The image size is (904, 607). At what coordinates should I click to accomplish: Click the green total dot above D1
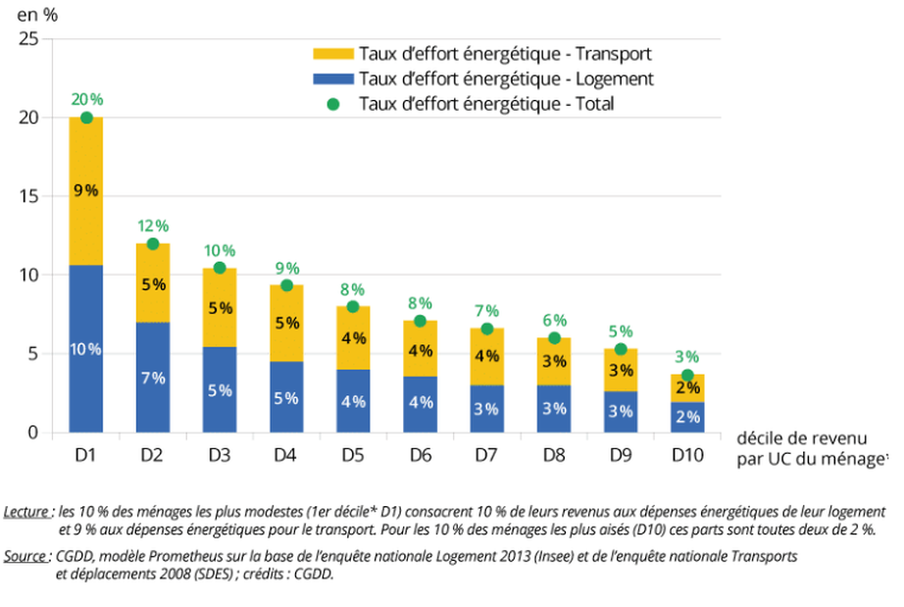(86, 118)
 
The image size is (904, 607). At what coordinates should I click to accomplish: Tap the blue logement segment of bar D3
(220, 389)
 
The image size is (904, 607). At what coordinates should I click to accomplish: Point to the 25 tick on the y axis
(28, 39)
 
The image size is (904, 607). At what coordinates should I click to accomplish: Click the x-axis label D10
(687, 456)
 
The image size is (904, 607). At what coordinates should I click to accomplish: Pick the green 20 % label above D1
(86, 99)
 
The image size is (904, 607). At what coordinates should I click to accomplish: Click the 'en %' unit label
(32, 14)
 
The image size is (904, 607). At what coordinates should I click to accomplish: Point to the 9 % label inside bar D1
(86, 190)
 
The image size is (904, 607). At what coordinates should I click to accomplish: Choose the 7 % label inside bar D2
(153, 378)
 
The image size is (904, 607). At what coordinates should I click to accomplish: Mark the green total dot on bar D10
(687, 376)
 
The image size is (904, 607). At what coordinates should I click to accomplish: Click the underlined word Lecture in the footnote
(26, 512)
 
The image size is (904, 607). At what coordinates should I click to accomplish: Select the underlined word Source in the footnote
(25, 556)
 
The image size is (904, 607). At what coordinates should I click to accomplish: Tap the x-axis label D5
(353, 456)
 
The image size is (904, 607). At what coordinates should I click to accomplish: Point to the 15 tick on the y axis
(28, 196)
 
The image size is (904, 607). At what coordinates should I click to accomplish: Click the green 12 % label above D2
(153, 225)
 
